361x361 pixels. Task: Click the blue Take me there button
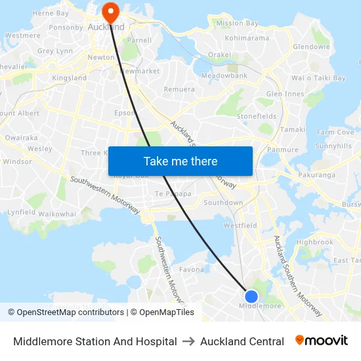(180, 161)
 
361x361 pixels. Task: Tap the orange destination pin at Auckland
(110, 11)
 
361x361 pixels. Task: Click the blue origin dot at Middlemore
(251, 296)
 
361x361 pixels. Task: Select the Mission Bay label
(238, 23)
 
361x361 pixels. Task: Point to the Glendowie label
(311, 47)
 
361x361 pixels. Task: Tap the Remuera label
(179, 89)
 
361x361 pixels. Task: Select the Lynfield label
(22, 213)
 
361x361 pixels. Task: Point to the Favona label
(192, 269)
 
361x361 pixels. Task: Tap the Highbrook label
(315, 242)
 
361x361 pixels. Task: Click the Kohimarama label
(247, 38)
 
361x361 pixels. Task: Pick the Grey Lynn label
(55, 51)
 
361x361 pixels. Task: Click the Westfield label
(240, 225)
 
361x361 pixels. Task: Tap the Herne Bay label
(51, 13)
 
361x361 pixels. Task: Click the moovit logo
(322, 341)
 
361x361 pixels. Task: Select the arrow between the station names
(188, 341)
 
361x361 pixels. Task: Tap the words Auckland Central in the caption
(242, 341)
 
